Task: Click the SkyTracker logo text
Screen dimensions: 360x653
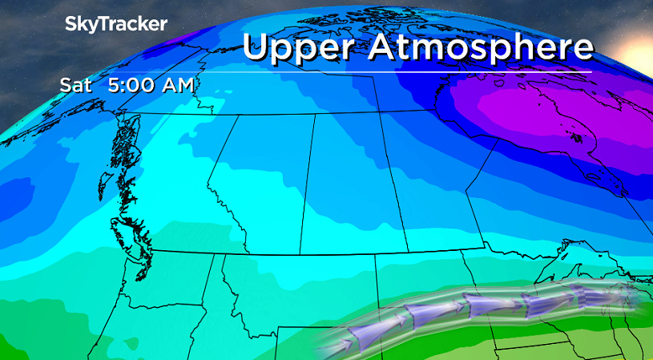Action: (x=116, y=24)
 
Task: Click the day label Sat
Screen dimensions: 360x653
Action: (x=75, y=85)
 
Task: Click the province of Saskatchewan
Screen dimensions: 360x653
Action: (x=353, y=184)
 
